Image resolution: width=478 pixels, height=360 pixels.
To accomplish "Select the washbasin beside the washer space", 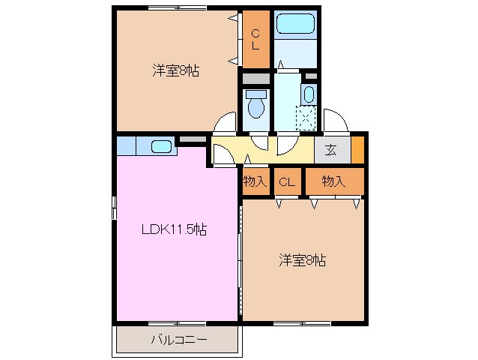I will [309, 94].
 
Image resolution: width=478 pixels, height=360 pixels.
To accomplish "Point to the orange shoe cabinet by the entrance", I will [357, 148].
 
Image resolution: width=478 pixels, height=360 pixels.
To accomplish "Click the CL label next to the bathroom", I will [255, 37].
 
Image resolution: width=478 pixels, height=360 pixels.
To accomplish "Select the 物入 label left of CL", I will [255, 181].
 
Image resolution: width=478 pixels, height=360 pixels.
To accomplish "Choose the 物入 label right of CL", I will [333, 181].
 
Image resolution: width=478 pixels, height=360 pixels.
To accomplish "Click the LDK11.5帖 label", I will [175, 230].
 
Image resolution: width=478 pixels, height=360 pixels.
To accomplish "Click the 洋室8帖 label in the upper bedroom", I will [176, 72].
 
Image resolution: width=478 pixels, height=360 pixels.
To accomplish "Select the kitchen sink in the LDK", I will [162, 146].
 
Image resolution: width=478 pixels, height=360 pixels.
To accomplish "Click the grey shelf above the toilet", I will [255, 78].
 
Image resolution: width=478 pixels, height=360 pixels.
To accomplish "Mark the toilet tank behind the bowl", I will [256, 94].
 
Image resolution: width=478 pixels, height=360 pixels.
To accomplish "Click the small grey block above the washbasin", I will [311, 76].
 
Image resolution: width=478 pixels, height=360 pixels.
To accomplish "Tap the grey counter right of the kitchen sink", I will [192, 140].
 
